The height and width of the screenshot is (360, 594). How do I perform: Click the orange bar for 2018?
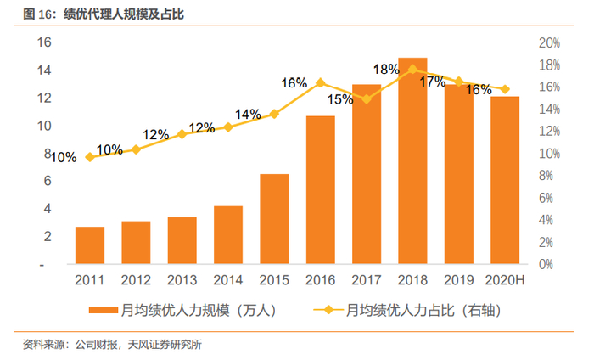tap(412, 161)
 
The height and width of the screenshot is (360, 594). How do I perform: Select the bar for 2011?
tap(90, 245)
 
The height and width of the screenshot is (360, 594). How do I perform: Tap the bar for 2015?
tap(274, 219)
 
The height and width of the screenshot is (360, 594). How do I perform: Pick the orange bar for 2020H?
tap(505, 180)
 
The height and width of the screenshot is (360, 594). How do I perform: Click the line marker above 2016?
tap(320, 83)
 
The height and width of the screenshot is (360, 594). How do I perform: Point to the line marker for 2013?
tap(182, 134)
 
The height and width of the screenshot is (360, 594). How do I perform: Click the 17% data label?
tap(432, 82)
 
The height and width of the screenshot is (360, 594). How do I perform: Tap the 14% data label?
tap(248, 115)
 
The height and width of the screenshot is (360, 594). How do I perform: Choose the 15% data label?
tap(340, 99)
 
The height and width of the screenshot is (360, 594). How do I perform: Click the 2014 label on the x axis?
tap(228, 280)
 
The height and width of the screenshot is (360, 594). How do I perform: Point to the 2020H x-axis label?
tap(505, 280)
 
